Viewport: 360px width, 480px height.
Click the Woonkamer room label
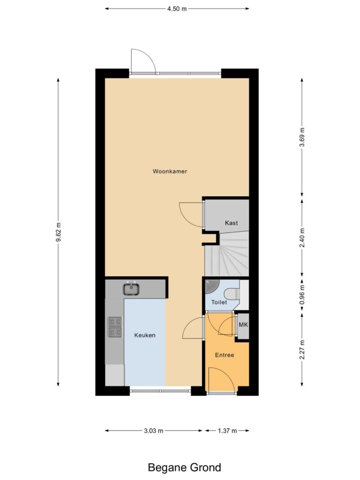tap(170, 171)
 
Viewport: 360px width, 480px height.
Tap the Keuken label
tap(145, 335)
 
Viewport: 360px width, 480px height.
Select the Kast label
tap(231, 223)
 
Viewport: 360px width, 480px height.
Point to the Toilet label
tap(219, 302)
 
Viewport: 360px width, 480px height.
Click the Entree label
tap(225, 355)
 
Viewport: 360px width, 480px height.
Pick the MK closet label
tap(243, 325)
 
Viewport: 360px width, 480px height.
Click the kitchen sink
tap(131, 289)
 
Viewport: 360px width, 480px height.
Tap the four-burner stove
tap(115, 327)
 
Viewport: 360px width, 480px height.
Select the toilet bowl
tap(232, 294)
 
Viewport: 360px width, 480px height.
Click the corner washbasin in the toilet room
tap(211, 286)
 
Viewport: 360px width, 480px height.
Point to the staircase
tap(227, 254)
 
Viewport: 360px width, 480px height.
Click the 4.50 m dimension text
tap(177, 9)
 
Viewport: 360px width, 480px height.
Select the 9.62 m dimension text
tap(58, 232)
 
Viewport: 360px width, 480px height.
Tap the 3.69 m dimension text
tap(302, 137)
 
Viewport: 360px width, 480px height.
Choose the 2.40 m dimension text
tap(302, 238)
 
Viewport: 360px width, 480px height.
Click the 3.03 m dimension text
tap(153, 431)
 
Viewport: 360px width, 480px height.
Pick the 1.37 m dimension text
tap(227, 431)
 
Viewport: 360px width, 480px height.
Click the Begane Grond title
tap(184, 467)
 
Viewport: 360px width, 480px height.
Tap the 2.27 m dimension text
tap(302, 350)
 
